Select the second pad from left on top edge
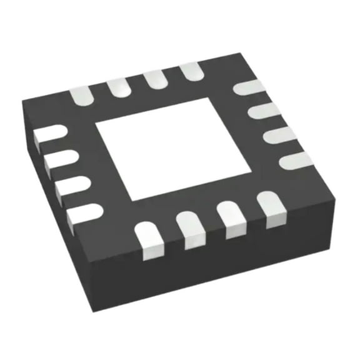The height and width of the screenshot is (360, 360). [x=117, y=86]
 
